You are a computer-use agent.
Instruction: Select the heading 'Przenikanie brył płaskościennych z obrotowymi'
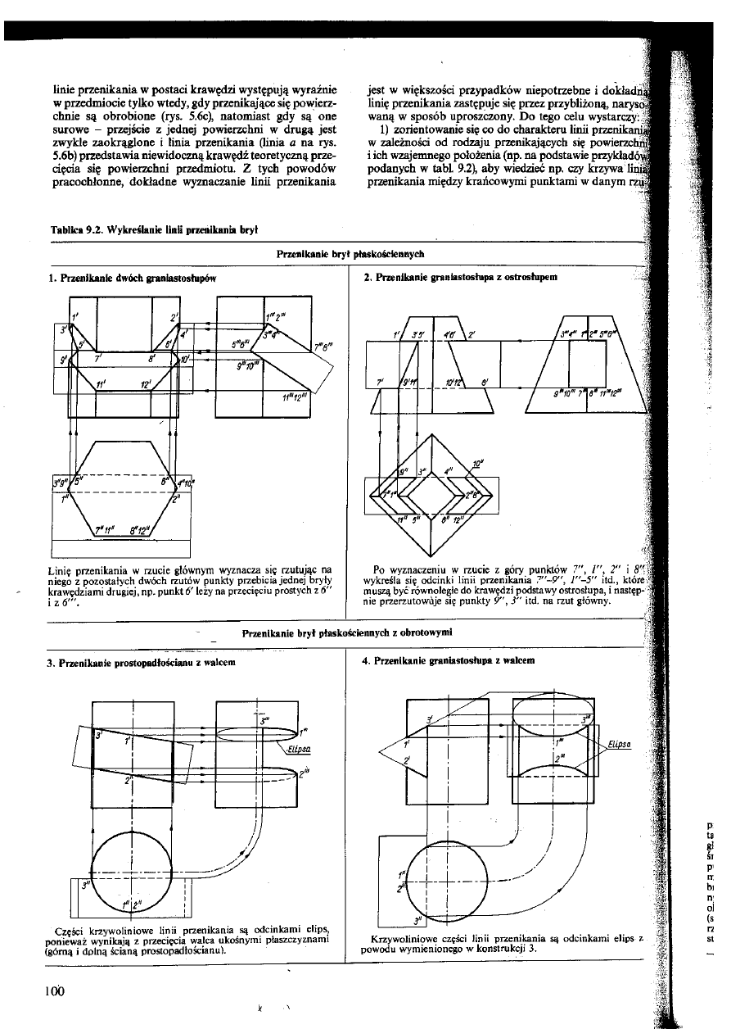347,632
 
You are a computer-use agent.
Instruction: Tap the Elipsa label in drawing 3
297,748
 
